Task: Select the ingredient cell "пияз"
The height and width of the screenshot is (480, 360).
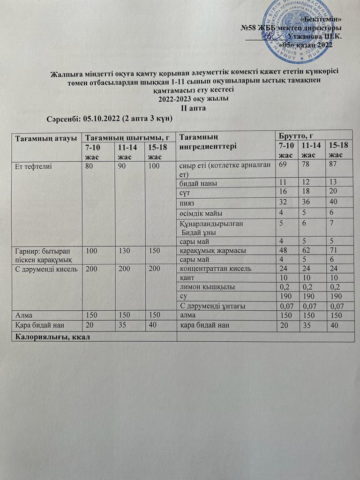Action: pos(188,202)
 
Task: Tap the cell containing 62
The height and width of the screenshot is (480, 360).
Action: pos(308,250)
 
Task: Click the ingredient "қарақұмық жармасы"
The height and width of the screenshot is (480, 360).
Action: pos(207,250)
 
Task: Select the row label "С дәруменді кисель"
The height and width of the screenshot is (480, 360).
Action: pos(43,269)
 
